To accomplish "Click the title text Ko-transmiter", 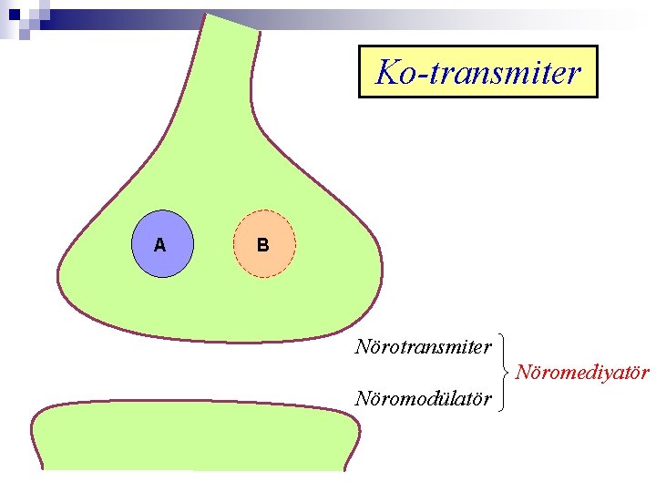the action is pos(478,72).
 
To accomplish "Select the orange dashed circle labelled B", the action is pos(264,244).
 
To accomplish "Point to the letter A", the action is pos(160,245).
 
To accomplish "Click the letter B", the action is pos(262,245).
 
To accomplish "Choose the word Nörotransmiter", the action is pos(424,347).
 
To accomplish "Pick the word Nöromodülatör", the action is pos(424,399).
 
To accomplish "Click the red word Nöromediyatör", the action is pos(582,373).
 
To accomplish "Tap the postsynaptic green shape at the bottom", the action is pos(191,437).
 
